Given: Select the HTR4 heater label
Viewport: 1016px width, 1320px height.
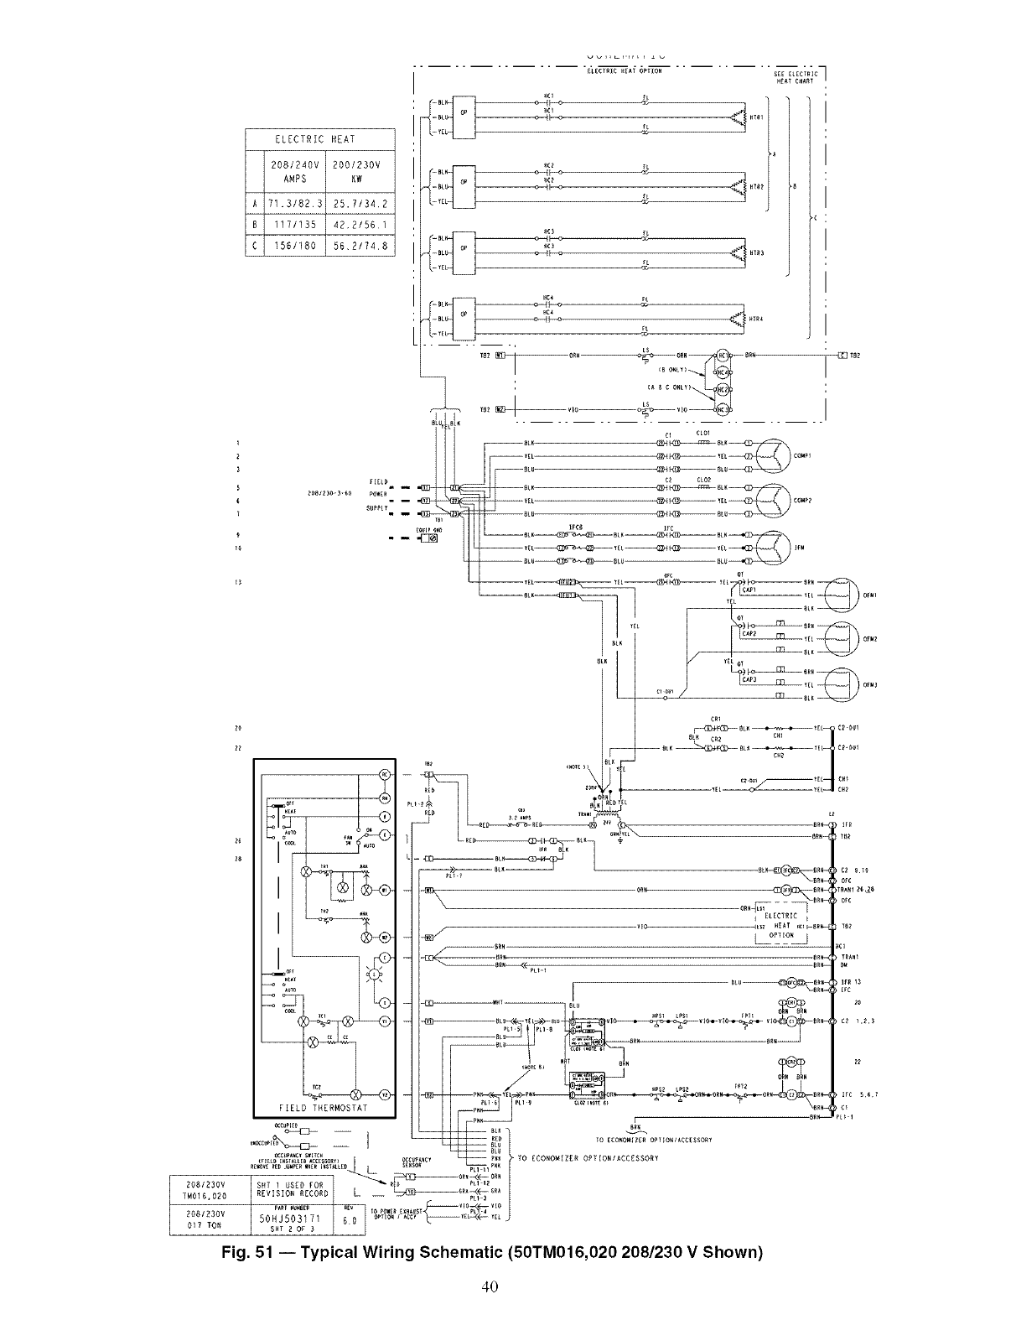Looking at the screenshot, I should pos(754,320).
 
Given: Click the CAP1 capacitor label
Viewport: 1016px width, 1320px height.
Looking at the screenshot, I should pos(749,590).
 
